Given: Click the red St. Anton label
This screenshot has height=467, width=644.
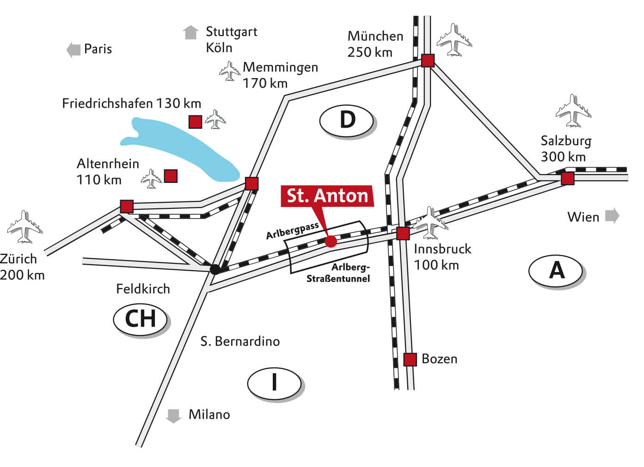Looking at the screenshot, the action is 327,196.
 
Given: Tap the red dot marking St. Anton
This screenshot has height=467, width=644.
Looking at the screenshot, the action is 331,241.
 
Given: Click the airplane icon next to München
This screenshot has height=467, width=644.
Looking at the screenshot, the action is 454,40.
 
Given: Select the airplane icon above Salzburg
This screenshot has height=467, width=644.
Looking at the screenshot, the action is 573,111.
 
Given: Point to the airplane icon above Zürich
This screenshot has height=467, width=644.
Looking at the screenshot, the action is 24,227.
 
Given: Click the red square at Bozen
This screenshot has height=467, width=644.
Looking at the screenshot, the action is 410,359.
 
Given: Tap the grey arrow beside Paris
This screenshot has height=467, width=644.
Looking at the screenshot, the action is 73,49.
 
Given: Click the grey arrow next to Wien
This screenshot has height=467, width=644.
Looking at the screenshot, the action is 612,216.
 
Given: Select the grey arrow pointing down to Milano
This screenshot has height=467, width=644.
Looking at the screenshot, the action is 173,415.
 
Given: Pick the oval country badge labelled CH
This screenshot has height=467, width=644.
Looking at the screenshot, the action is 141,319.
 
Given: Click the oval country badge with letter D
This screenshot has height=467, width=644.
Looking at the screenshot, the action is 347,120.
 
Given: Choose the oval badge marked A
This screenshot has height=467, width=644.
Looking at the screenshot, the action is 556,270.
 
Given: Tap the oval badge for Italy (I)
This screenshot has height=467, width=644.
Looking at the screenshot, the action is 274,382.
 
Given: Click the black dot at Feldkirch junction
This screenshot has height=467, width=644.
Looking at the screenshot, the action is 215,269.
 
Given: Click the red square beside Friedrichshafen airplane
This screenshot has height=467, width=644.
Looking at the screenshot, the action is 195,121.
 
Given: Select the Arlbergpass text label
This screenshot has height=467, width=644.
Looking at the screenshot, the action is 292,230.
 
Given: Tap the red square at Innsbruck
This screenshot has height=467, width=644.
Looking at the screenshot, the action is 403,233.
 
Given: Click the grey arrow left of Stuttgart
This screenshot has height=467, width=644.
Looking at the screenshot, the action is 190,32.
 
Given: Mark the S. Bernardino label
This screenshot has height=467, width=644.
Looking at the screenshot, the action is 240,341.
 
